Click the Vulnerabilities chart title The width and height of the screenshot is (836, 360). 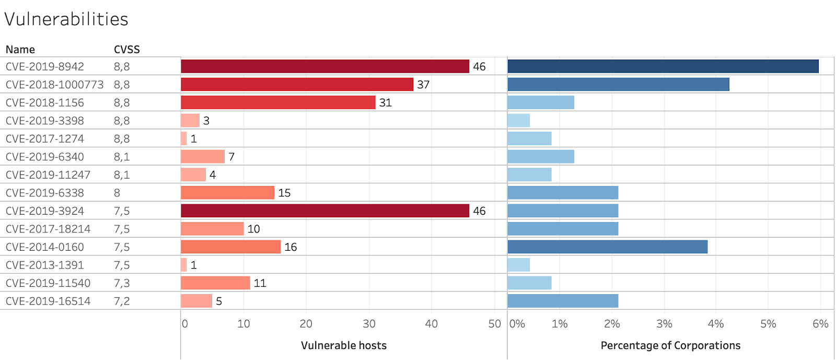[x=66, y=19]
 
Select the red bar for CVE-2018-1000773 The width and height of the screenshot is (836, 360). [x=297, y=84]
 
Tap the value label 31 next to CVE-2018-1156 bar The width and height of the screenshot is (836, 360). [x=385, y=103]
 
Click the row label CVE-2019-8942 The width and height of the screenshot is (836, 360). [x=45, y=67]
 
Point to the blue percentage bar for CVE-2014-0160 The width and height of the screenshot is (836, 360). [x=607, y=247]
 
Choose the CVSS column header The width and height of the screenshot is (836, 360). [x=126, y=50]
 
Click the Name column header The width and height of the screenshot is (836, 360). [x=20, y=50]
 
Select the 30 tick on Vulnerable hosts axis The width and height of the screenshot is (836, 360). [x=369, y=324]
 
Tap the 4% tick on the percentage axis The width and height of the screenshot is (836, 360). [x=715, y=324]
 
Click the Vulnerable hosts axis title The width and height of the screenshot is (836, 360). [x=343, y=345]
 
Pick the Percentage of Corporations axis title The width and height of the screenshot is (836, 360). [x=670, y=345]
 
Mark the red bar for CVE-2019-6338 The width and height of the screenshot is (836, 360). [x=227, y=193]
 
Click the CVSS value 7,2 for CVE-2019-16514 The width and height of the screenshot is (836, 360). [x=122, y=301]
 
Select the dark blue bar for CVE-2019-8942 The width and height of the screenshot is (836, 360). [x=663, y=66]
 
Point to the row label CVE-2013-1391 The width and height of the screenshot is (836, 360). [x=45, y=265]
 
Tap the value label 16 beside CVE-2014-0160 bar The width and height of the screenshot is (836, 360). [x=291, y=247]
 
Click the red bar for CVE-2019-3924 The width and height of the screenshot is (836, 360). [x=324, y=211]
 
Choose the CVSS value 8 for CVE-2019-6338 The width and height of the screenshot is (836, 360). [x=117, y=193]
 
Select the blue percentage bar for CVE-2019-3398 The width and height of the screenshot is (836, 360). [x=518, y=121]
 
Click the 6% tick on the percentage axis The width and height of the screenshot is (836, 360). [x=820, y=324]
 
